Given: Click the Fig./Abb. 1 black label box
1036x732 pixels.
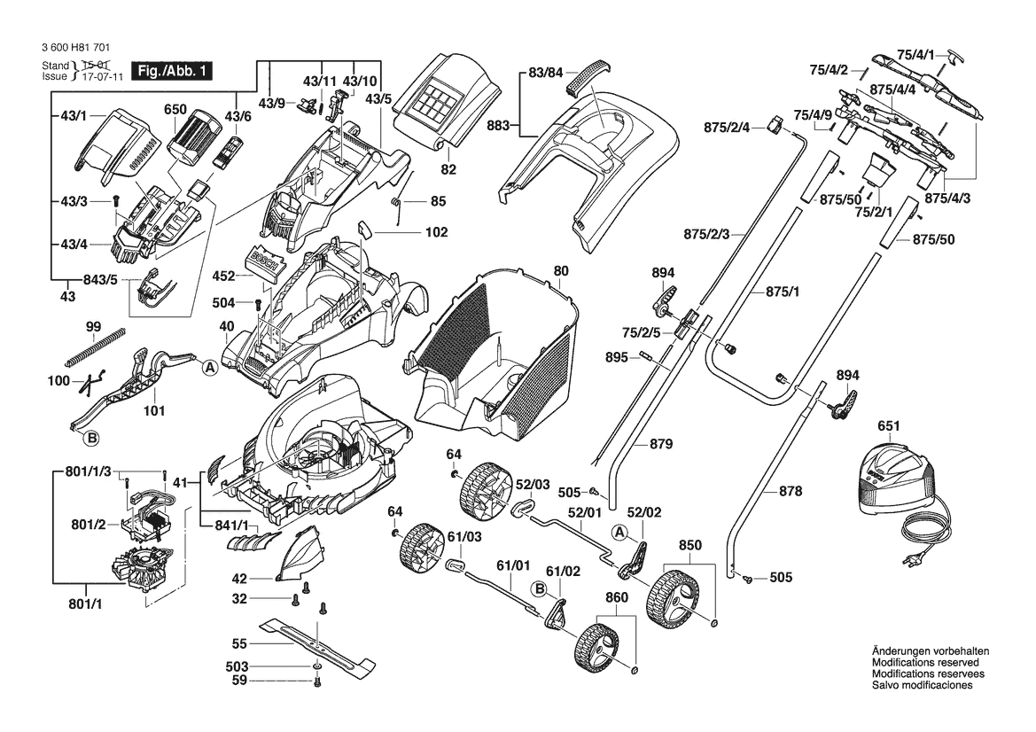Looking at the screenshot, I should coord(170,71).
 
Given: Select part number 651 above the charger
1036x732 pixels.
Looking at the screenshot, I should coord(889,426).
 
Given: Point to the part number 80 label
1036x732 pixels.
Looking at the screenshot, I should coord(561,270).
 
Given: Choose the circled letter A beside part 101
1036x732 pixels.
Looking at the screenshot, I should coord(210,367).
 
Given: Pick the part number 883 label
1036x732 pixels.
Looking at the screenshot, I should coord(500,126).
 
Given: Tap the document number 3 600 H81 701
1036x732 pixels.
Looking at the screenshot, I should coord(75,51).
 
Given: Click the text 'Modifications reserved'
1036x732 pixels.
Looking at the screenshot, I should coord(925,662).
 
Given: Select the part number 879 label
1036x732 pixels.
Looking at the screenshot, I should coord(660,443).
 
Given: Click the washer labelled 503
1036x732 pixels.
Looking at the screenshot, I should coord(317,665).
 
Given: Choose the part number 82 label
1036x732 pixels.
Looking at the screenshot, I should coord(448,168).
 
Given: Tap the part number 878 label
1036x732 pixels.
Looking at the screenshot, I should coord(790,489).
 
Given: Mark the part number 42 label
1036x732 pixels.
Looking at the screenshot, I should coord(238,578).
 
